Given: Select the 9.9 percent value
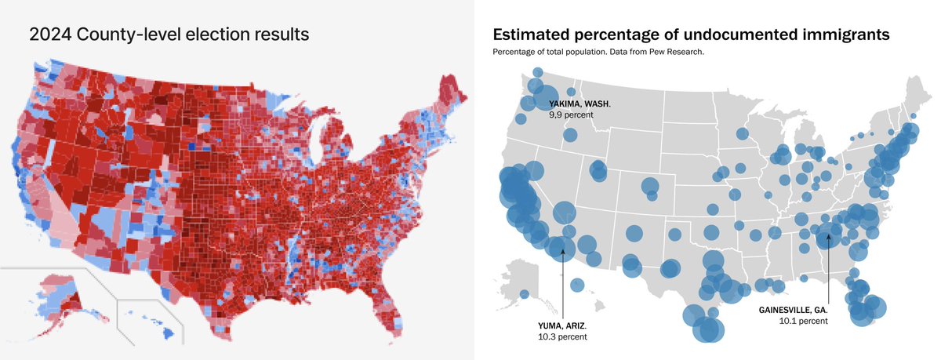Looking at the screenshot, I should click(x=572, y=115).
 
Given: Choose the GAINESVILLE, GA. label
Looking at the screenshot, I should click(x=793, y=309).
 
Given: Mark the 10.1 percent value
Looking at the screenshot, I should click(x=804, y=321).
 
